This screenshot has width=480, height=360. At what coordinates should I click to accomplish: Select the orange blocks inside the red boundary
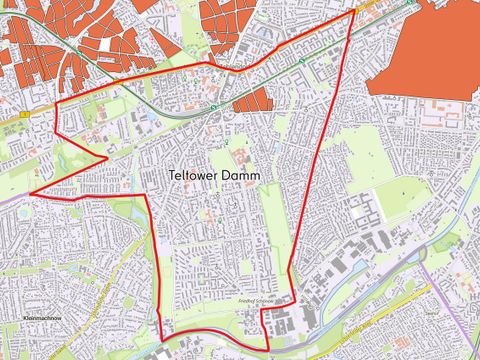[x=251, y=99]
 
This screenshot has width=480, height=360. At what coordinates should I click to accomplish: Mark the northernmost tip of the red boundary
[x=353, y=11]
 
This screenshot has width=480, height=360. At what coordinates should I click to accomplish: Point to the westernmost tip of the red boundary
[x=31, y=193]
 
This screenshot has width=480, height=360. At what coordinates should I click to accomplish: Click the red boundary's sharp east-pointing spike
[x=107, y=156]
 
